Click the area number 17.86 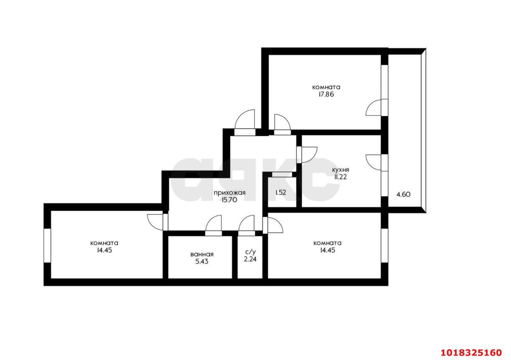[x=326, y=94]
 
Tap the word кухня [x=341, y=170]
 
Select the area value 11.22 [x=341, y=177]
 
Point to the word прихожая [x=230, y=193]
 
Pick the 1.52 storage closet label [x=281, y=193]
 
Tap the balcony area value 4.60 [x=403, y=195]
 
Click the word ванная [x=202, y=254]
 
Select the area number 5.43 [x=202, y=261]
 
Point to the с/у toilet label [x=250, y=252]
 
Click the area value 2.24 [x=250, y=259]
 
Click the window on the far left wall [x=47, y=245]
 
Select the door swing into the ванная [x=214, y=223]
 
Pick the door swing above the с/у [x=247, y=223]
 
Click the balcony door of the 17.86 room [x=373, y=107]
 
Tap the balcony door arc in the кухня [x=373, y=162]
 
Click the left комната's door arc [x=155, y=222]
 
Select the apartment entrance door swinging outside [x=245, y=119]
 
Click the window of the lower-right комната [x=384, y=245]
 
